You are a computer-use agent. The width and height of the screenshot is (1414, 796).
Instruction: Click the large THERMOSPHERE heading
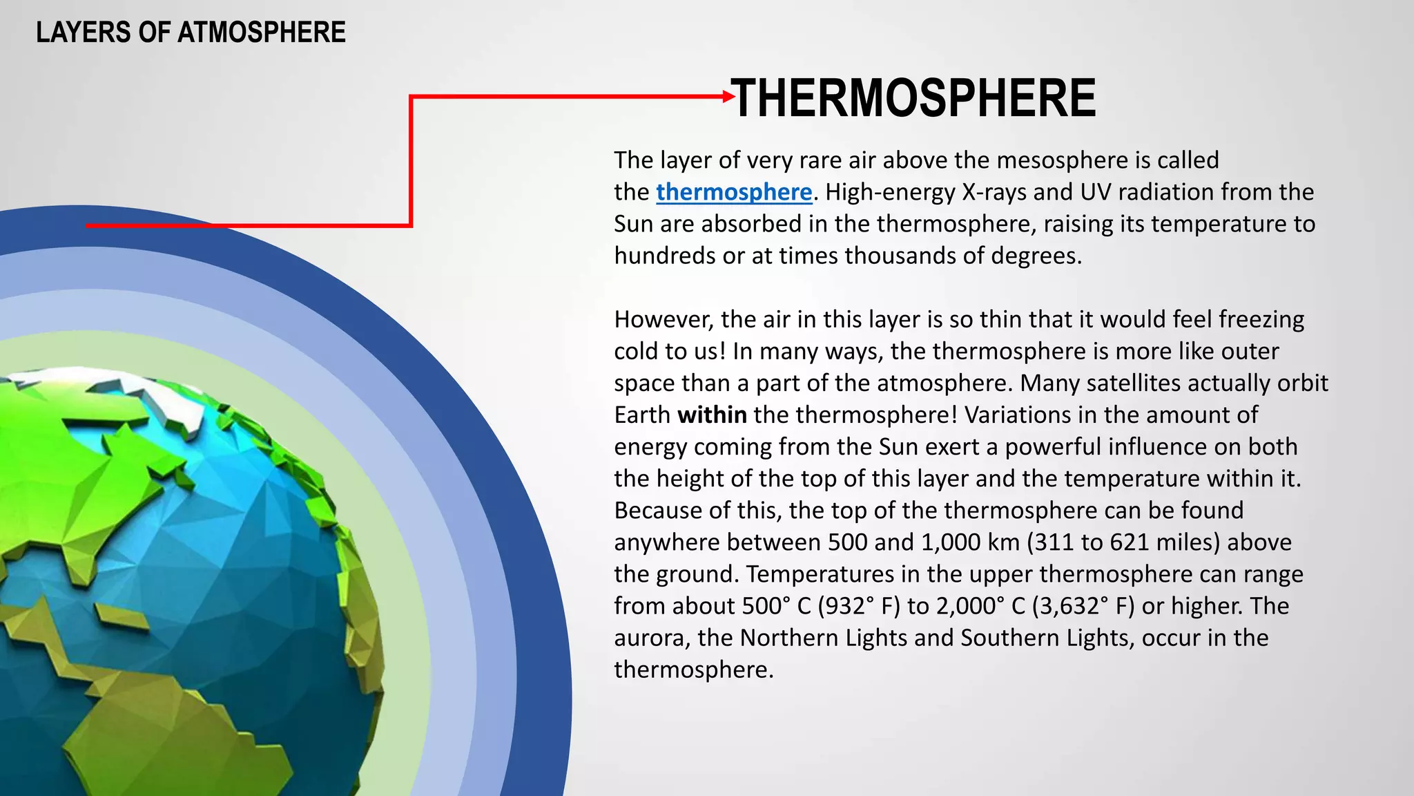(x=913, y=98)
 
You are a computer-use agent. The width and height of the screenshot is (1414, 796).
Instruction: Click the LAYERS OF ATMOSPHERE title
(x=191, y=32)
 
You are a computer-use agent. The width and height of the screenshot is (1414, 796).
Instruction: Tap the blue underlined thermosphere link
(x=733, y=192)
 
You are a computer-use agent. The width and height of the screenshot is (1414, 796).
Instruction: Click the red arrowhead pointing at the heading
(x=728, y=97)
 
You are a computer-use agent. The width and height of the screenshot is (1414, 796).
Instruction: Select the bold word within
(x=712, y=415)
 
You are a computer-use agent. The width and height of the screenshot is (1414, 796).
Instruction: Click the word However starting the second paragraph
(x=663, y=319)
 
